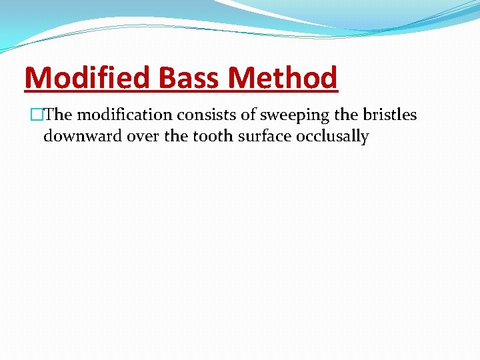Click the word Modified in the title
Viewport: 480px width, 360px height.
point(85,78)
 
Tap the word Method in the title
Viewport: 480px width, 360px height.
point(283,78)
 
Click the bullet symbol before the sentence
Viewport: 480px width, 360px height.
point(28,115)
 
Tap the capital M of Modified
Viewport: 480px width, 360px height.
point(37,78)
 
